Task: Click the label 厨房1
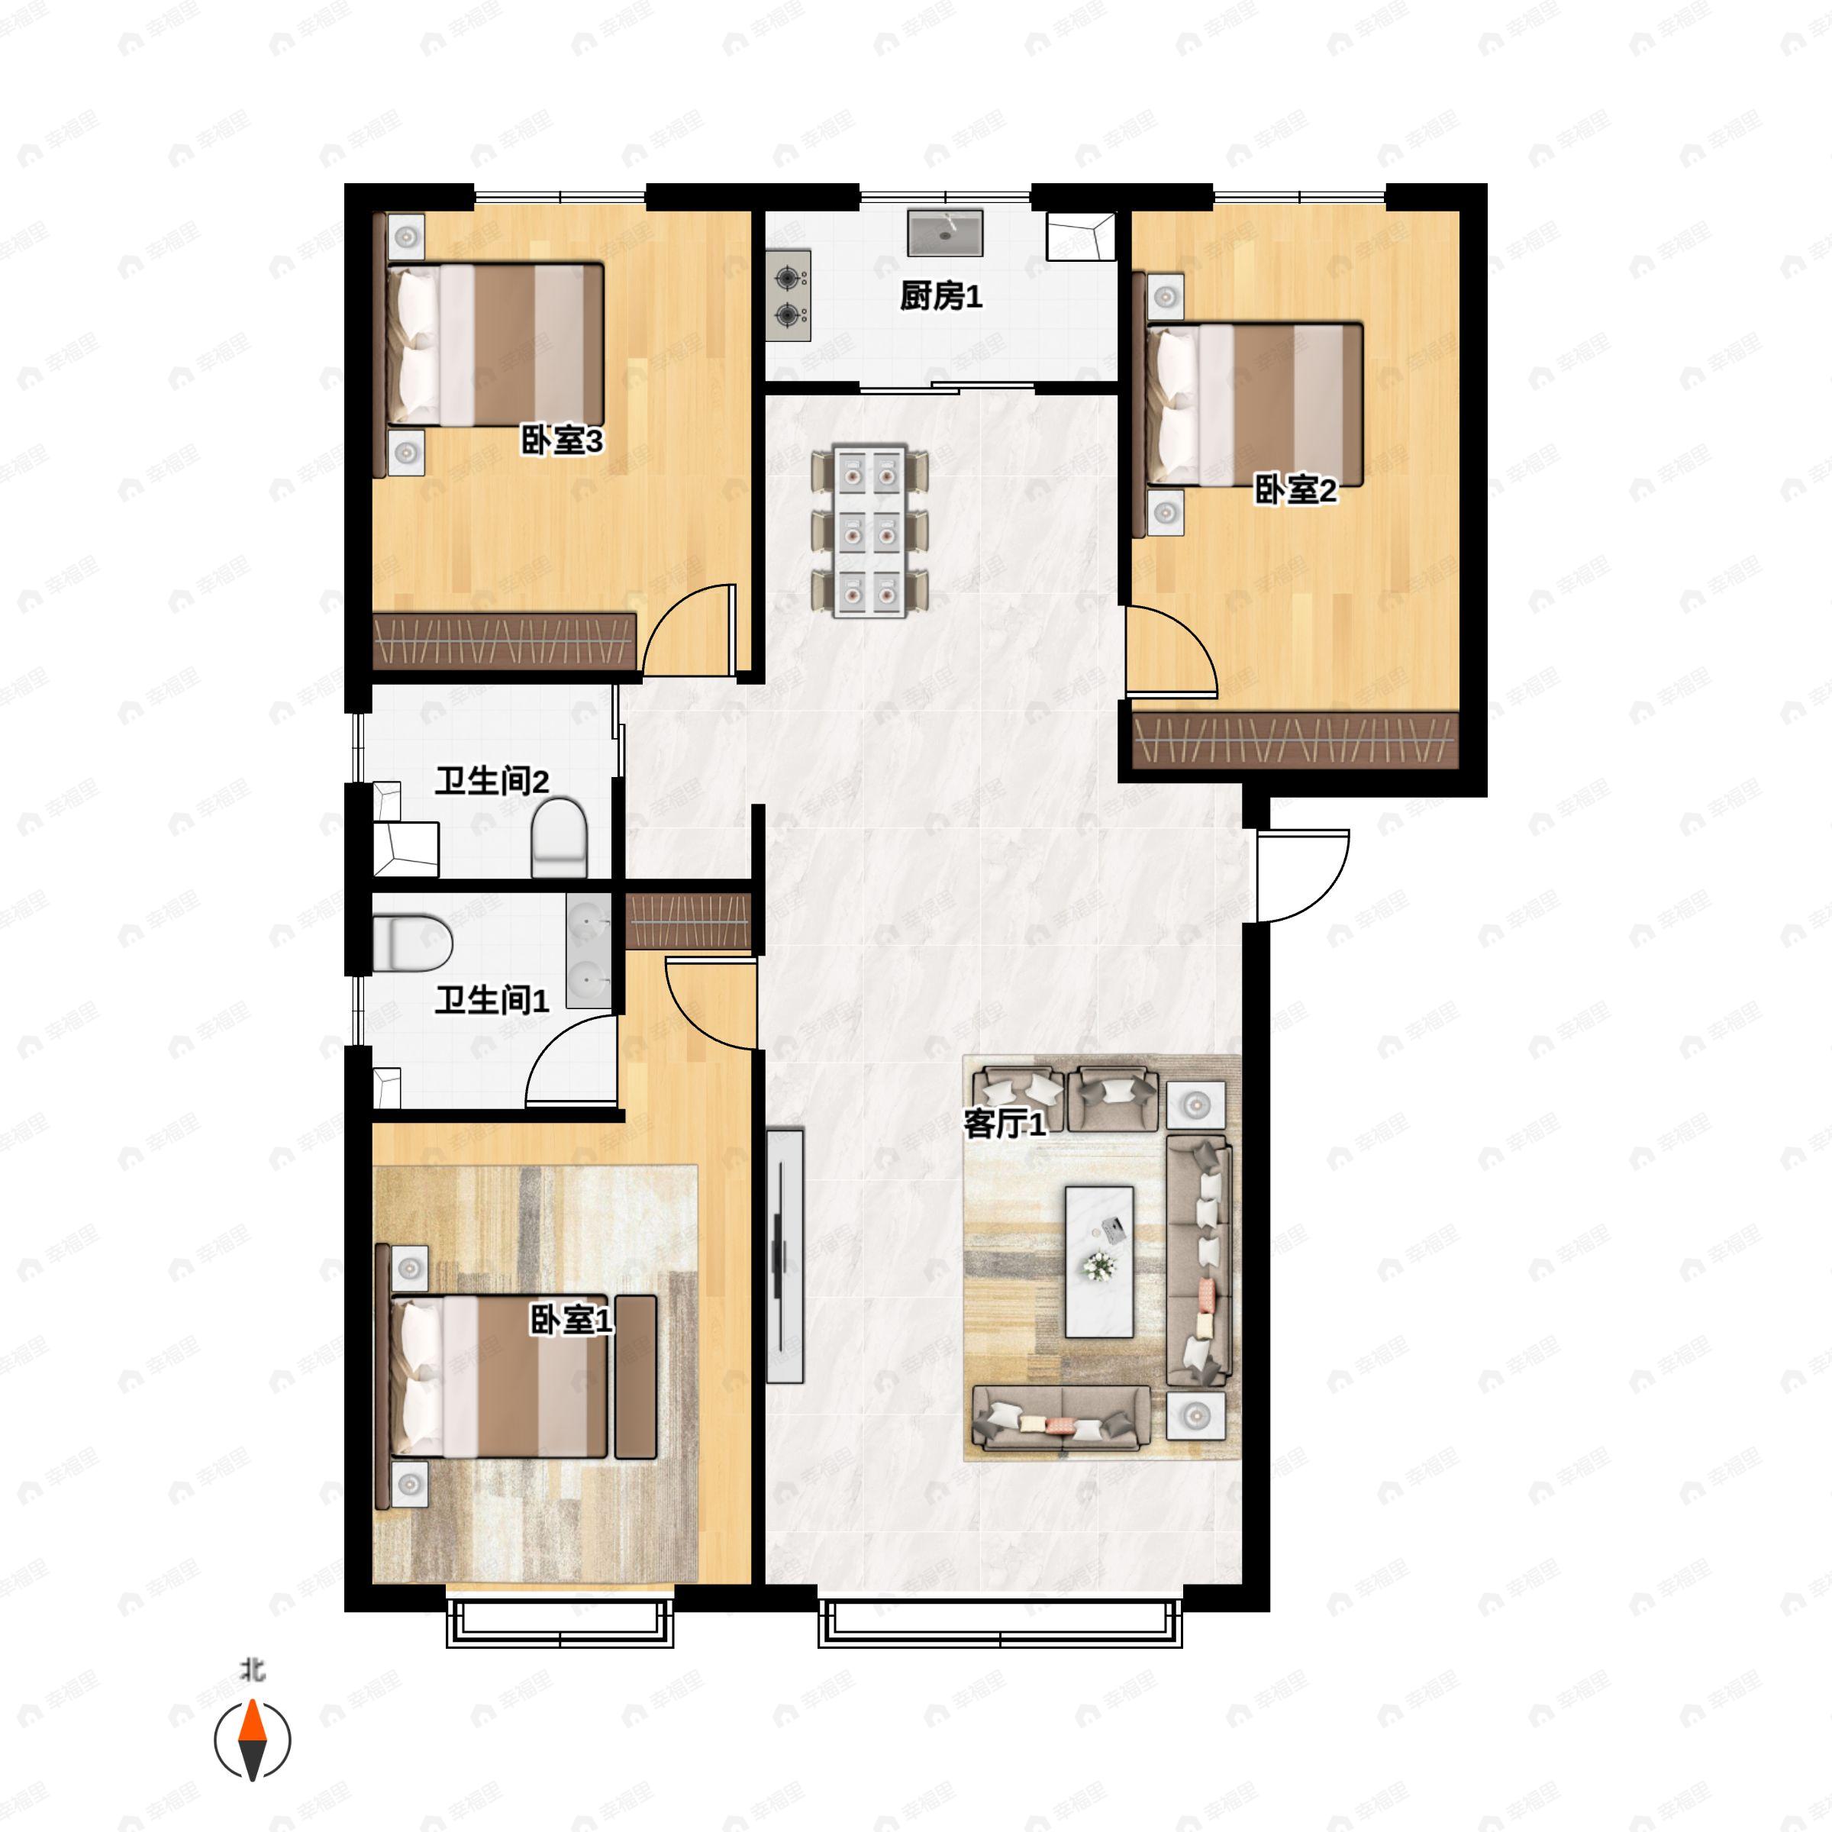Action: (940, 298)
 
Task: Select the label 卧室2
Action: (1295, 490)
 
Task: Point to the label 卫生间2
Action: (492, 782)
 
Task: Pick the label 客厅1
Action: (1005, 1124)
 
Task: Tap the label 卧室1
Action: (571, 1319)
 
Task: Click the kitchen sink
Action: (946, 234)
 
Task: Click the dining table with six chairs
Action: (869, 531)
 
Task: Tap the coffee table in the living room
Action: (1099, 1261)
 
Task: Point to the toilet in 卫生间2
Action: (560, 837)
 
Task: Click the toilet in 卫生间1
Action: (412, 943)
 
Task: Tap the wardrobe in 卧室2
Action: (1295, 740)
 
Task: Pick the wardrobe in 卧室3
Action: (505, 641)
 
